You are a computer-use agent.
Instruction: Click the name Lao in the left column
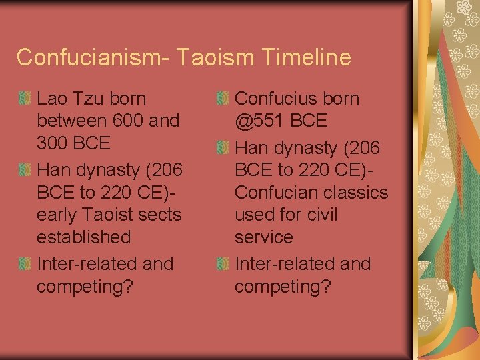pyautogui.click(x=51, y=99)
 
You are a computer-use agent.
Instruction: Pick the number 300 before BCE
pyautogui.click(x=55, y=143)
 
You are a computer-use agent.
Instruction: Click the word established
pyautogui.click(x=84, y=237)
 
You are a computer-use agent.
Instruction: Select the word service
pyautogui.click(x=264, y=237)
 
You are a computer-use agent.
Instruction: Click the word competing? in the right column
pyautogui.click(x=283, y=287)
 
